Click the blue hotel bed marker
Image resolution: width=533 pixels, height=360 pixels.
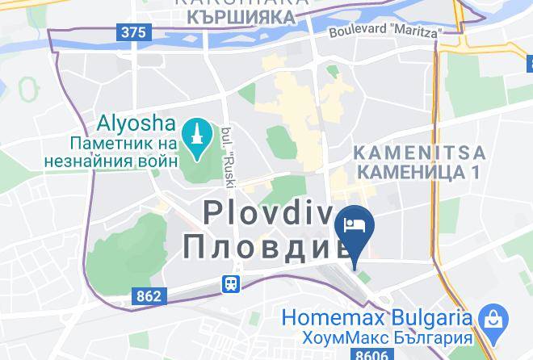[x=355, y=224]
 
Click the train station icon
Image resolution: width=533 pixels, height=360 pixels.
[x=232, y=283]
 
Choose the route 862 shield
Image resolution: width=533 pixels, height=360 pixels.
[x=149, y=297]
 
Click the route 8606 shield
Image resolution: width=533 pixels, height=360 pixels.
[x=372, y=354]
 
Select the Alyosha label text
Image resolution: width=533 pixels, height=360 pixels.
[x=136, y=123]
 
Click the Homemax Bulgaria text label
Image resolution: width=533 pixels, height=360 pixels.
[x=376, y=316]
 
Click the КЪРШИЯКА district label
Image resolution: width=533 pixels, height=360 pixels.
[x=243, y=15]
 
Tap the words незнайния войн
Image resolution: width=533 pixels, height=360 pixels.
[x=120, y=160]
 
